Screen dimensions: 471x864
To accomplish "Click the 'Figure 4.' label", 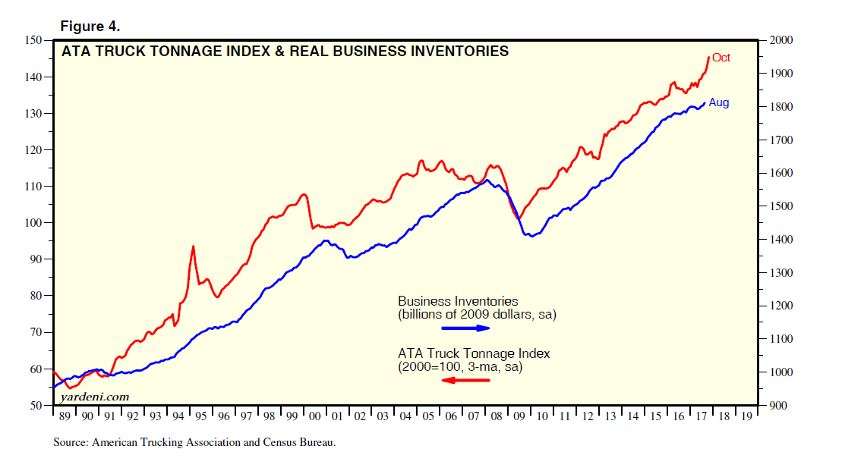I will [90, 27].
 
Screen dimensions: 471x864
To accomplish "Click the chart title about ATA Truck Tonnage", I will [285, 52].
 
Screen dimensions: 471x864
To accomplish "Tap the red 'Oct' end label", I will [721, 58].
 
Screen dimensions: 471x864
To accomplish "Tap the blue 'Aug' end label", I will [718, 102].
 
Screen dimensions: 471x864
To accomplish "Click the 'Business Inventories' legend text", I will [458, 301].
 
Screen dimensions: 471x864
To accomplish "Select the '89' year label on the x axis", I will [65, 416].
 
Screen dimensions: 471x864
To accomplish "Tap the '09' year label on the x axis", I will [519, 416].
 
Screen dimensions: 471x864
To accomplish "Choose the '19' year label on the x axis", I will [747, 416].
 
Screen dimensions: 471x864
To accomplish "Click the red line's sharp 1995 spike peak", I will [193, 246].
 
